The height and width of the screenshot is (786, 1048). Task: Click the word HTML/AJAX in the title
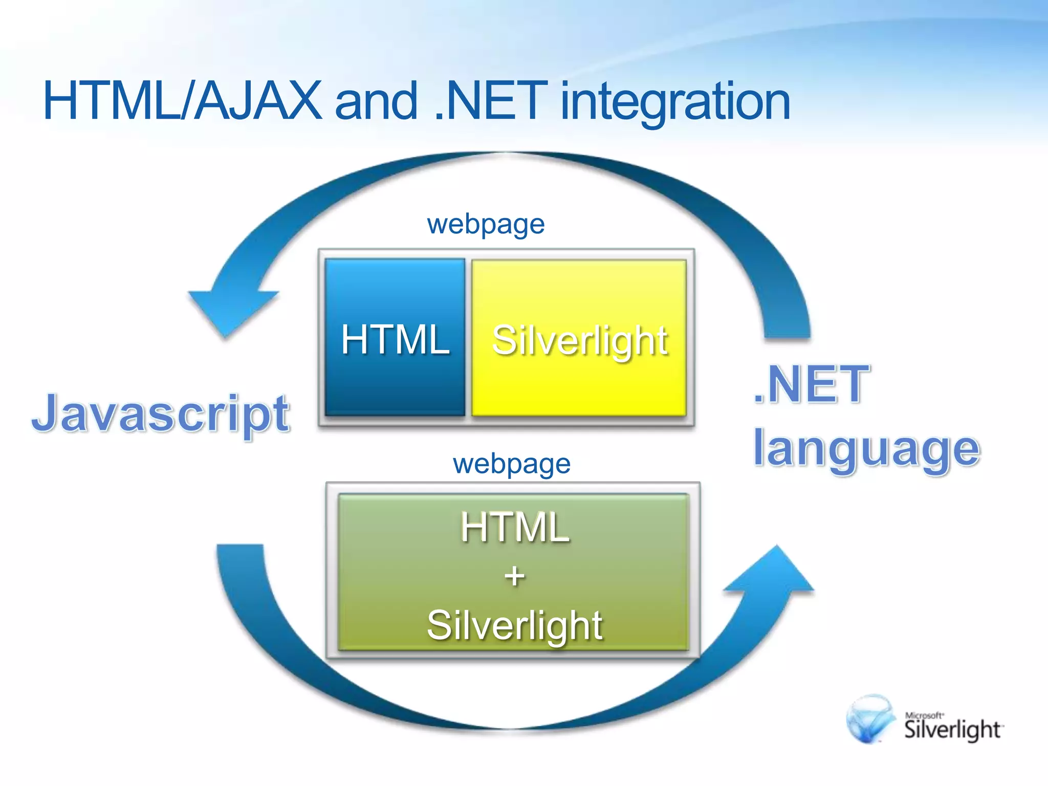(182, 101)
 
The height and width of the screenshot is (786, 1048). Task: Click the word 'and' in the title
(376, 101)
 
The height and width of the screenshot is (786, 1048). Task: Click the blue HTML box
(395, 338)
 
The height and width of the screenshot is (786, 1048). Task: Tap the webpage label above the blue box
(486, 224)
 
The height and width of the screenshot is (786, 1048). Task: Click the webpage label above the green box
(511, 464)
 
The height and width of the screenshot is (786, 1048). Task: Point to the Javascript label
(161, 413)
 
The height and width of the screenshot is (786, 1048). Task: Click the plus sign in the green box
(514, 576)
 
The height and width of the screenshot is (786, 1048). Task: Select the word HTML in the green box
(514, 527)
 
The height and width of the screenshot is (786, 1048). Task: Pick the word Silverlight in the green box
(514, 625)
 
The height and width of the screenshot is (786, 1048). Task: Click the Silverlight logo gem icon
(869, 719)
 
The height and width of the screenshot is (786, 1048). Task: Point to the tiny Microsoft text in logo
(924, 715)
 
